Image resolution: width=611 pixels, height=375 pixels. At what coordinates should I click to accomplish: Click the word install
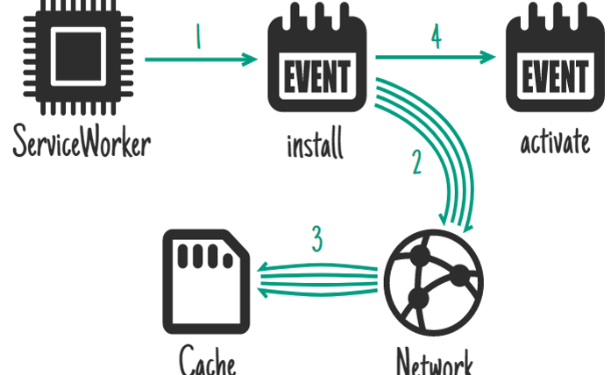click(315, 143)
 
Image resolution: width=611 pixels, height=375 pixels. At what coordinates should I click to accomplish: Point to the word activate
click(555, 142)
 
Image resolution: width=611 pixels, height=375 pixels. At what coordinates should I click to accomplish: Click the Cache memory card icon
click(207, 279)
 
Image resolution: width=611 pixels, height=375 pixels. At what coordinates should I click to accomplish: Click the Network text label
click(435, 361)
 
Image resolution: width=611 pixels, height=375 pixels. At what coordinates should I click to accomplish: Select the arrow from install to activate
click(435, 58)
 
